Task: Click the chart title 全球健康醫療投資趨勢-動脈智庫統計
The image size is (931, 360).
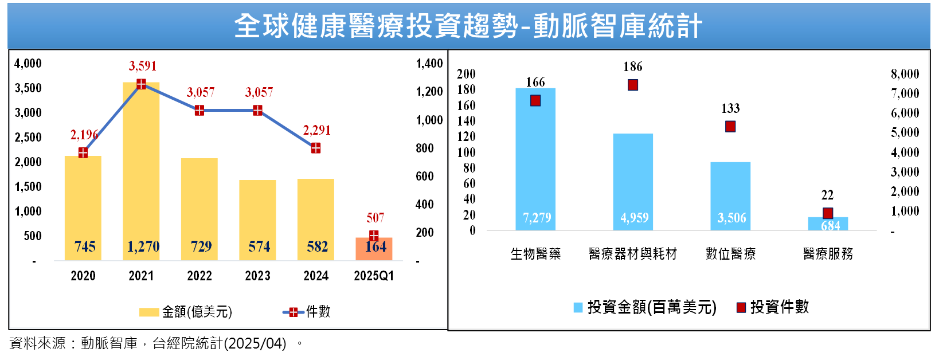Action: click(468, 26)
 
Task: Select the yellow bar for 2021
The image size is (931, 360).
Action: click(141, 172)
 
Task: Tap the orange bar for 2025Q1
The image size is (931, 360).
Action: click(374, 249)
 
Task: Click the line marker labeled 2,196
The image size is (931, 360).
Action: click(83, 152)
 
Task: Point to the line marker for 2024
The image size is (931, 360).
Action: click(316, 148)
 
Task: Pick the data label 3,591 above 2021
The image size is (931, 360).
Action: click(143, 66)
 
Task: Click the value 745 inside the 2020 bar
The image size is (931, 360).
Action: click(85, 246)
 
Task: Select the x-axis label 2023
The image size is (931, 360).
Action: click(257, 276)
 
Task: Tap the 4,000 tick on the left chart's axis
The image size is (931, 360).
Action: click(28, 63)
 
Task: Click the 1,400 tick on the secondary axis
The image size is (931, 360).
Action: click(429, 63)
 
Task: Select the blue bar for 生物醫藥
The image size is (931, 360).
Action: click(535, 161)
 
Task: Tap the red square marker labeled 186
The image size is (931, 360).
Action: click(633, 85)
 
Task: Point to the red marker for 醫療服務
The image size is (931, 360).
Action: click(828, 213)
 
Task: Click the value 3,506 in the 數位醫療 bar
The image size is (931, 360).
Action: click(731, 218)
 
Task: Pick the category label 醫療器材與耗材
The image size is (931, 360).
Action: click(633, 253)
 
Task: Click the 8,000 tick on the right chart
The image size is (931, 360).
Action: click(905, 73)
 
